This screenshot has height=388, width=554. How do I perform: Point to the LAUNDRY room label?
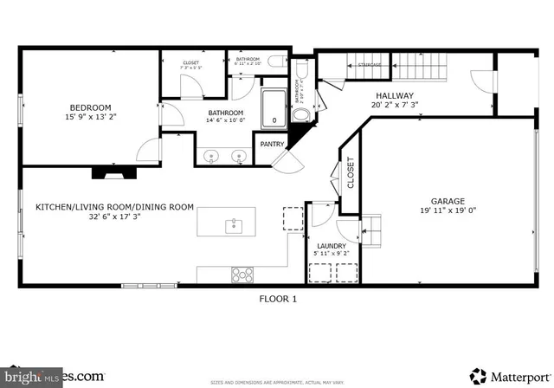coord(332,246)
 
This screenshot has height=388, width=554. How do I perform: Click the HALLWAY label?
coord(394,96)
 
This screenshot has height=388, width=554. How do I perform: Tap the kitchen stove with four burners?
coord(243,275)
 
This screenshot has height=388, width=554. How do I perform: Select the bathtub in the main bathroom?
coord(274,107)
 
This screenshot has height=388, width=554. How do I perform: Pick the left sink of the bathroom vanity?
coord(213,158)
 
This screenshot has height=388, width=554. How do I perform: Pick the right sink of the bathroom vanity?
coord(238,158)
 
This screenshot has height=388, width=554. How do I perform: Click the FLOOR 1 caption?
coord(278,299)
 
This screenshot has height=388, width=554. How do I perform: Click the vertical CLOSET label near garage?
coord(351,172)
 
